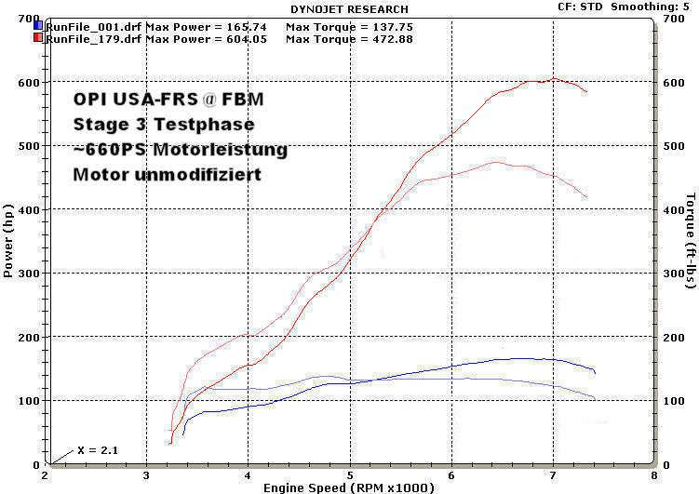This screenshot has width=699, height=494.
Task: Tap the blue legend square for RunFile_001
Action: [x=38, y=26]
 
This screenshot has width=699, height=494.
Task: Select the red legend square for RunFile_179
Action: [x=38, y=38]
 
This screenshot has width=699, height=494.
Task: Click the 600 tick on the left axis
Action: [x=29, y=83]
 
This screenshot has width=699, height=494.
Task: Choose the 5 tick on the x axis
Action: [x=350, y=474]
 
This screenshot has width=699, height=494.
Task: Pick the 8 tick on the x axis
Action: [x=654, y=474]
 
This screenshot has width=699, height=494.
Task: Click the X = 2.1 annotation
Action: [x=99, y=450]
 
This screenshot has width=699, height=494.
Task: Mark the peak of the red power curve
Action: [x=555, y=79]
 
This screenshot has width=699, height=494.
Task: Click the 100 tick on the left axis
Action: [x=29, y=401]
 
